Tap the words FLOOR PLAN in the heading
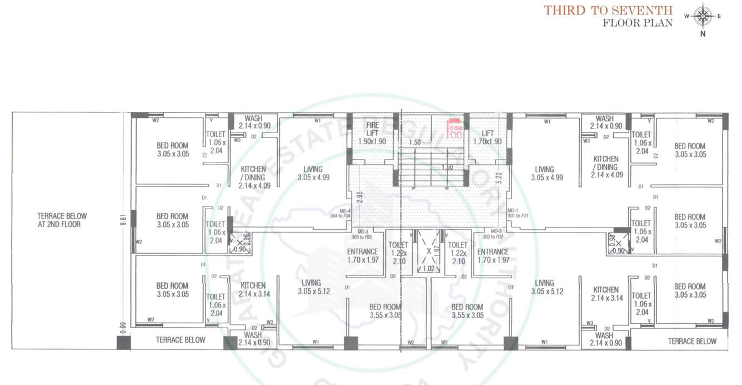[x=638, y=23]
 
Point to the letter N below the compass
[x=703, y=33]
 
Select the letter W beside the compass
[x=687, y=16]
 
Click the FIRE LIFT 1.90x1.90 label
[x=372, y=134]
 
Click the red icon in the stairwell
[x=455, y=128]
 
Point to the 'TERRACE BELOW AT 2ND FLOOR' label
[x=62, y=220]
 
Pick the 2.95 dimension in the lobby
[x=359, y=198]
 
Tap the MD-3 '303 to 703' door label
[x=363, y=234]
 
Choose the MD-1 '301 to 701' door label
[x=518, y=213]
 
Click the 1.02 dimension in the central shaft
[x=428, y=268]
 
